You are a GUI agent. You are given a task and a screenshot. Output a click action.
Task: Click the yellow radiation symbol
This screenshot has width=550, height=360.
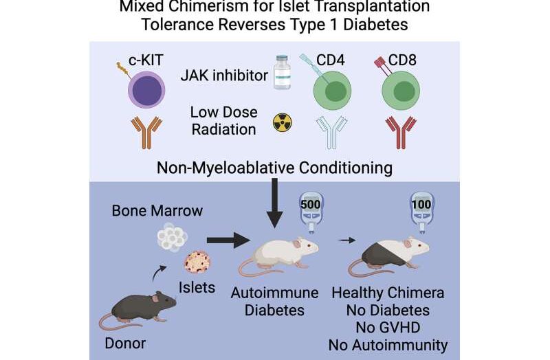pos(283,122)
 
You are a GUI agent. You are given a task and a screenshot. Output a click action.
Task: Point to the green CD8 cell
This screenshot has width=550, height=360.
pos(406,91)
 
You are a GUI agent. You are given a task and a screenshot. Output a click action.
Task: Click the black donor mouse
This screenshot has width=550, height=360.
pos(137,306)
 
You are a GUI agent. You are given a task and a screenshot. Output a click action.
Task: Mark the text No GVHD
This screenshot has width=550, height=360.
pos(387,327)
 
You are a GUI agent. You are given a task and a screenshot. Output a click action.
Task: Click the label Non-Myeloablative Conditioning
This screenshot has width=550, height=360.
pos(275,167)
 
